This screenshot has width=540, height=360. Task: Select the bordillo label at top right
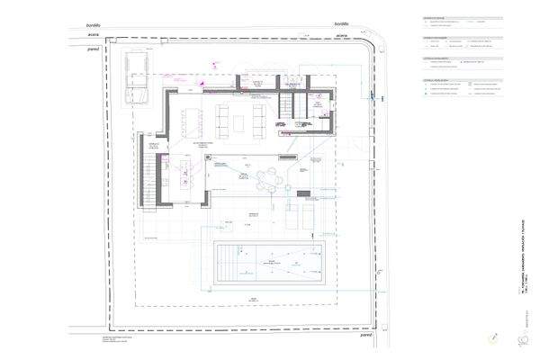pyautogui.click(x=341, y=24)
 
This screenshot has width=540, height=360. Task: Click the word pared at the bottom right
pyautogui.click(x=365, y=342)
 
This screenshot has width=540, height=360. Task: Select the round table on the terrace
pyautogui.click(x=268, y=179)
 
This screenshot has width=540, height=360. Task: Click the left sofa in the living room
pyautogui.click(x=197, y=119)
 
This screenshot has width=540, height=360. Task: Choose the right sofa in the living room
pyautogui.click(x=258, y=119)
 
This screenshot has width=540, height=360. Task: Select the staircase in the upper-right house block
pyautogui.click(x=286, y=107)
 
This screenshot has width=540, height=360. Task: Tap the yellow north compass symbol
pyautogui.click(x=493, y=337)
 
